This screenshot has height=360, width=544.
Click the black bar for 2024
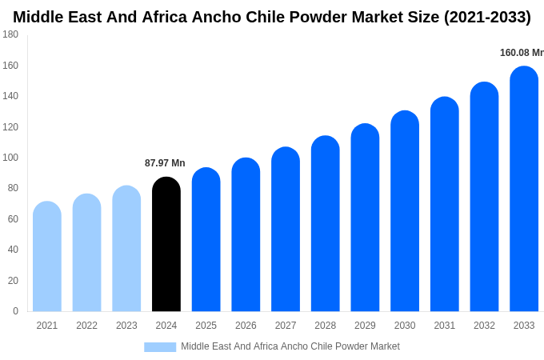coord(166,244)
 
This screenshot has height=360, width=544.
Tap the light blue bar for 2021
coord(47,256)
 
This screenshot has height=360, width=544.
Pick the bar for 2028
coord(326,223)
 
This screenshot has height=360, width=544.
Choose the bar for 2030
coord(405,211)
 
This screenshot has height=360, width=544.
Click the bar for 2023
coord(126,249)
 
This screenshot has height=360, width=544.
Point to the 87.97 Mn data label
coord(165,163)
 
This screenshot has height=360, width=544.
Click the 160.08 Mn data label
coord(522,53)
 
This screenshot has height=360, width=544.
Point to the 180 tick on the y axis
coord(10,34)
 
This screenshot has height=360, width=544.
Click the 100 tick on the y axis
coord(10,158)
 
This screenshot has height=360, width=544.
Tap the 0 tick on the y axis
coord(15,311)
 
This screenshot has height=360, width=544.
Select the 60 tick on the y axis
coord(13,219)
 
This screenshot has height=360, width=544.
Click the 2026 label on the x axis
coord(246,326)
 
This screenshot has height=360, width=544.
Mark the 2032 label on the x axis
coord(484,326)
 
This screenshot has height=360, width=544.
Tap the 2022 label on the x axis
coord(86,326)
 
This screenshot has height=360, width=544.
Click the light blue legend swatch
coord(160,346)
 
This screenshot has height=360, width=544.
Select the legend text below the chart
coord(290,346)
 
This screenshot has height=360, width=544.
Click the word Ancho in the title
coord(218,17)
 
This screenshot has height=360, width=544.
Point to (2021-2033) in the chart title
coord(487,17)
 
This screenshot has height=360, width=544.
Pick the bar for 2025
coord(206,239)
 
